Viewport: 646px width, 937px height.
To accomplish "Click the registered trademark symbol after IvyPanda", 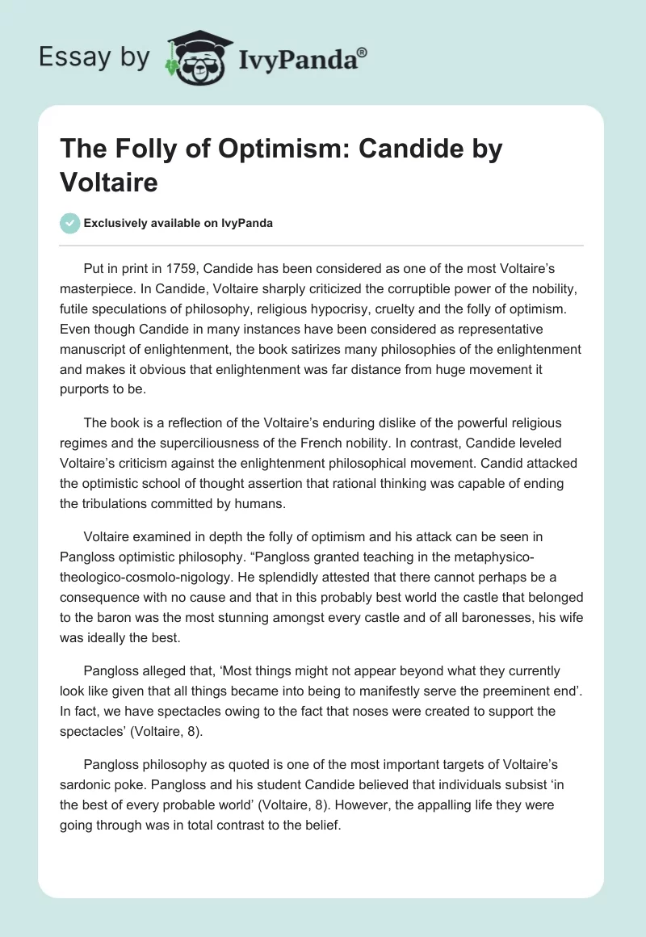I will coord(363,53).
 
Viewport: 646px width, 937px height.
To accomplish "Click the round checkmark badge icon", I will coord(71,223).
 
